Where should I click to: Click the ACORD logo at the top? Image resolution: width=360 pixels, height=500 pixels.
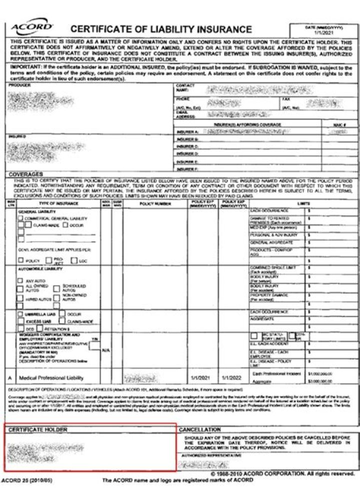(31, 28)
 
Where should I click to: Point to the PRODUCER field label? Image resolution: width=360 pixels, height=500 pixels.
(20, 85)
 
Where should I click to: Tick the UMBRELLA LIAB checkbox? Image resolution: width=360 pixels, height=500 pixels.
(20, 314)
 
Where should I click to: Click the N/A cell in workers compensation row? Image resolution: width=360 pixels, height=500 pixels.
(105, 350)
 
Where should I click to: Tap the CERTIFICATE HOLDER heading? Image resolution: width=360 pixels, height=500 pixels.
(37, 430)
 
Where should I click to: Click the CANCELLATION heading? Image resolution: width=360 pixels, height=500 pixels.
(200, 430)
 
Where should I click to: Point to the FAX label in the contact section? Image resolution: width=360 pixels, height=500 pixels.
(286, 99)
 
